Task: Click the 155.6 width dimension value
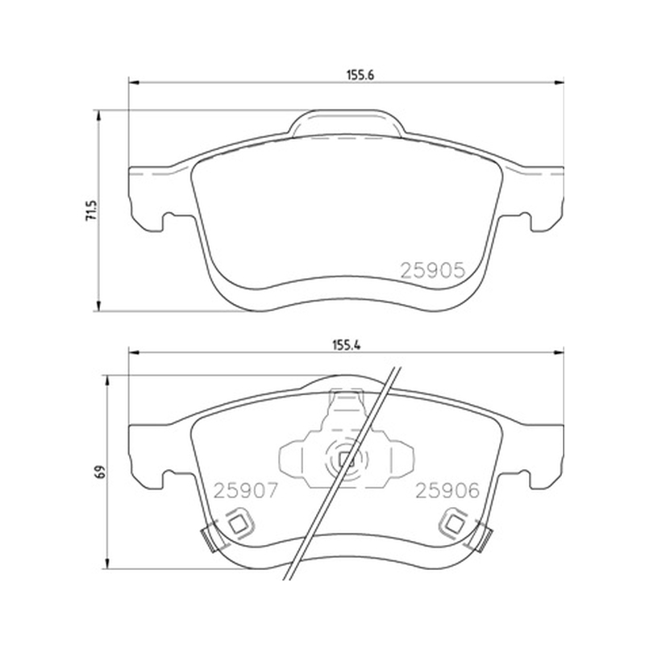pyautogui.click(x=360, y=75)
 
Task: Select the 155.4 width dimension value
pyautogui.click(x=347, y=346)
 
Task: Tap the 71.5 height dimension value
pyautogui.click(x=91, y=210)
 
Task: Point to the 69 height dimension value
pyautogui.click(x=100, y=472)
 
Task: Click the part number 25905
pyautogui.click(x=433, y=270)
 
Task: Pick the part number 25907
pyautogui.click(x=246, y=490)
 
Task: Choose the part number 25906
pyautogui.click(x=447, y=490)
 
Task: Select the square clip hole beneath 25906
pyautogui.click(x=454, y=523)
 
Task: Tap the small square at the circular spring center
pyautogui.click(x=347, y=460)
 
